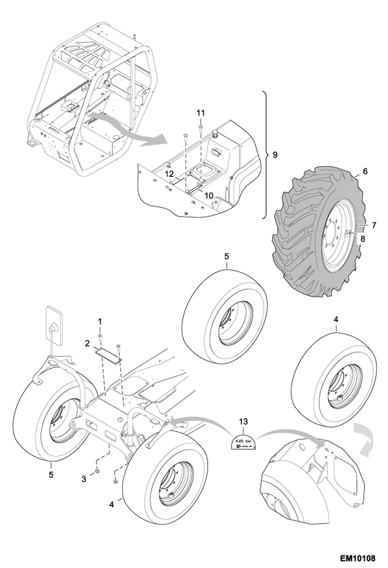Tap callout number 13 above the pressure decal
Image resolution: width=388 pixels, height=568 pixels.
[243, 422]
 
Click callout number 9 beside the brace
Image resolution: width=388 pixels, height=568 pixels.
[275, 155]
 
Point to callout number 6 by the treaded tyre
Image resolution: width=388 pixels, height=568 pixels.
[365, 171]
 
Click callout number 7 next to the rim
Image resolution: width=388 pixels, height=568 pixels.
[374, 225]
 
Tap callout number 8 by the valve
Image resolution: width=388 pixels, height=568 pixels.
[363, 239]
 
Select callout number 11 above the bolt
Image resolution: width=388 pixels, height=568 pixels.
[200, 113]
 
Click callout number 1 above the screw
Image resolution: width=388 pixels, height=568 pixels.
[100, 322]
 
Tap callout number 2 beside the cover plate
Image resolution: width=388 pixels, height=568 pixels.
[87, 344]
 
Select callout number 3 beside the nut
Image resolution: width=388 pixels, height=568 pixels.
[84, 479]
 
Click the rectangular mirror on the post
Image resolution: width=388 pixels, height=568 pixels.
[54, 325]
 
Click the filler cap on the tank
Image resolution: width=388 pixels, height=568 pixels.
[215, 133]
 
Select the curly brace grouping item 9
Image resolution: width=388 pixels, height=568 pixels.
[265, 155]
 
